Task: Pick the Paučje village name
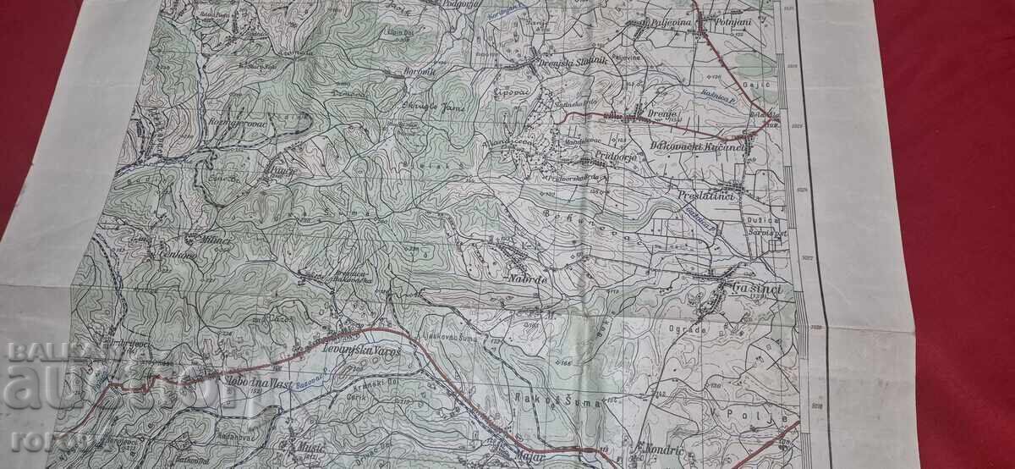tap(278, 170)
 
